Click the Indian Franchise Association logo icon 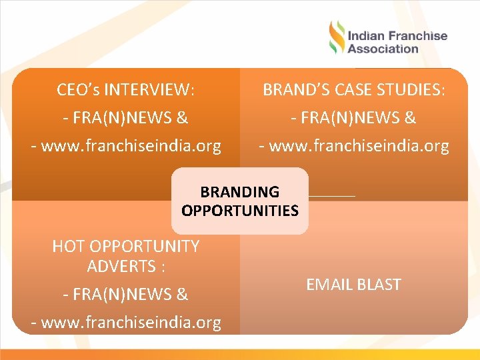337,38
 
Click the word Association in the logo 383,49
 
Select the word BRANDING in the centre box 239,192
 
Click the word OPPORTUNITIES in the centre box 239,211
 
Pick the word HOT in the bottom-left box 67,247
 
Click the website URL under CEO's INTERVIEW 131,146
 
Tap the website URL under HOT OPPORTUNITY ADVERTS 131,323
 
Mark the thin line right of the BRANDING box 332,196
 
